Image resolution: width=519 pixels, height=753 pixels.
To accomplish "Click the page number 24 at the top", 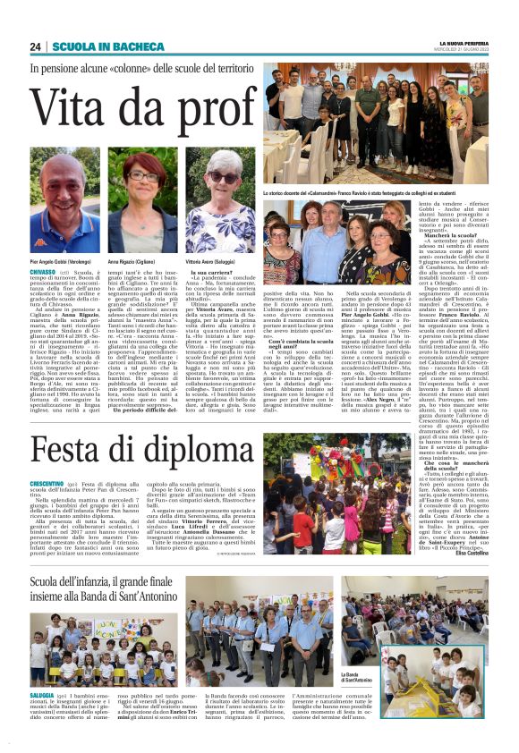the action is tap(36, 47).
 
